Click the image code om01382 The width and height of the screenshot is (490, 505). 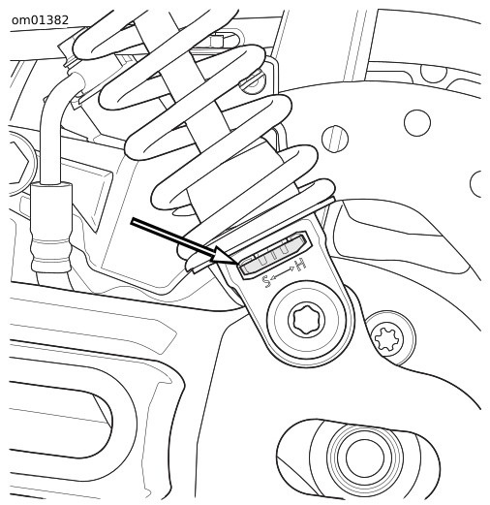40,20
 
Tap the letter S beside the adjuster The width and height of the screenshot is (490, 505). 266,281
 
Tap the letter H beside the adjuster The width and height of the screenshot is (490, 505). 300,265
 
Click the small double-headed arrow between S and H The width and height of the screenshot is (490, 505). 283,272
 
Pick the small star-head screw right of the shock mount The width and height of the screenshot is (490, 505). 387,338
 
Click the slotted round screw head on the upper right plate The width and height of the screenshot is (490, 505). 335,139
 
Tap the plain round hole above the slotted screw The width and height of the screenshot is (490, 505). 417,123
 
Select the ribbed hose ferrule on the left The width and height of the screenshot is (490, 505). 51,227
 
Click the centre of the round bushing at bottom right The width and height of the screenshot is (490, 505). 365,457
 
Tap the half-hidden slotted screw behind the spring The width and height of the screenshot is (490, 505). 255,82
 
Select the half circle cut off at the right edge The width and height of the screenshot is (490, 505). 475,183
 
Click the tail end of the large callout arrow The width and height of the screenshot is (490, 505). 132,220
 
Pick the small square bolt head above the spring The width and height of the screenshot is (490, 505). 217,41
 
